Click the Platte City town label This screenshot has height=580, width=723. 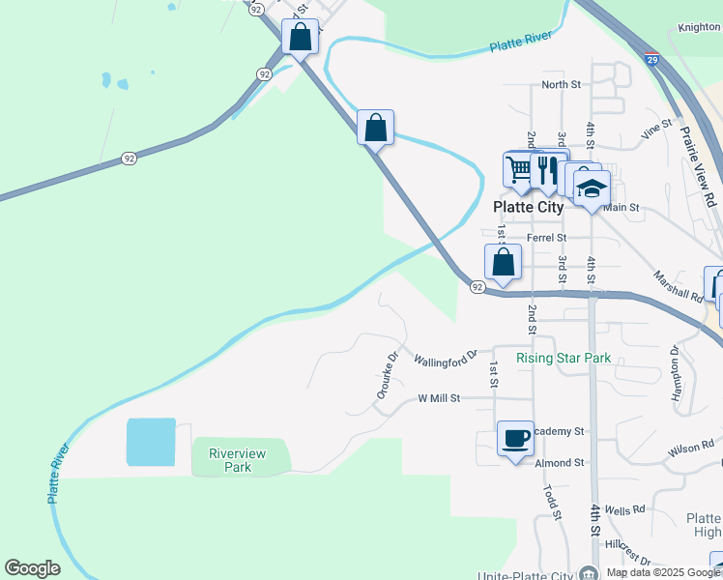528,207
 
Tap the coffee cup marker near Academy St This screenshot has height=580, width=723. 514,437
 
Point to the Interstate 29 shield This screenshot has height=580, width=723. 652,58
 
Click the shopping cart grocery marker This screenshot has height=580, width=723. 520,169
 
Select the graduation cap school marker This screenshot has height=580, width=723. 592,187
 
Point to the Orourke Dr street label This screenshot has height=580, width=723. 387,375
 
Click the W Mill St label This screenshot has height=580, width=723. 452,397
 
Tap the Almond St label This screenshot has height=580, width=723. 559,463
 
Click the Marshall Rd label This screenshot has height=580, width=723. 679,287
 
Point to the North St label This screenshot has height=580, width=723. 561,85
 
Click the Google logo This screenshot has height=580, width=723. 32,568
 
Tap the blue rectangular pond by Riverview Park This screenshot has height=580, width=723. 152,444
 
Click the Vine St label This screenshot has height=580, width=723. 655,128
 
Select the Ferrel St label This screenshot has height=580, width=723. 545,237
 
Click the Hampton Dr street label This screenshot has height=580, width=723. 675,369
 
